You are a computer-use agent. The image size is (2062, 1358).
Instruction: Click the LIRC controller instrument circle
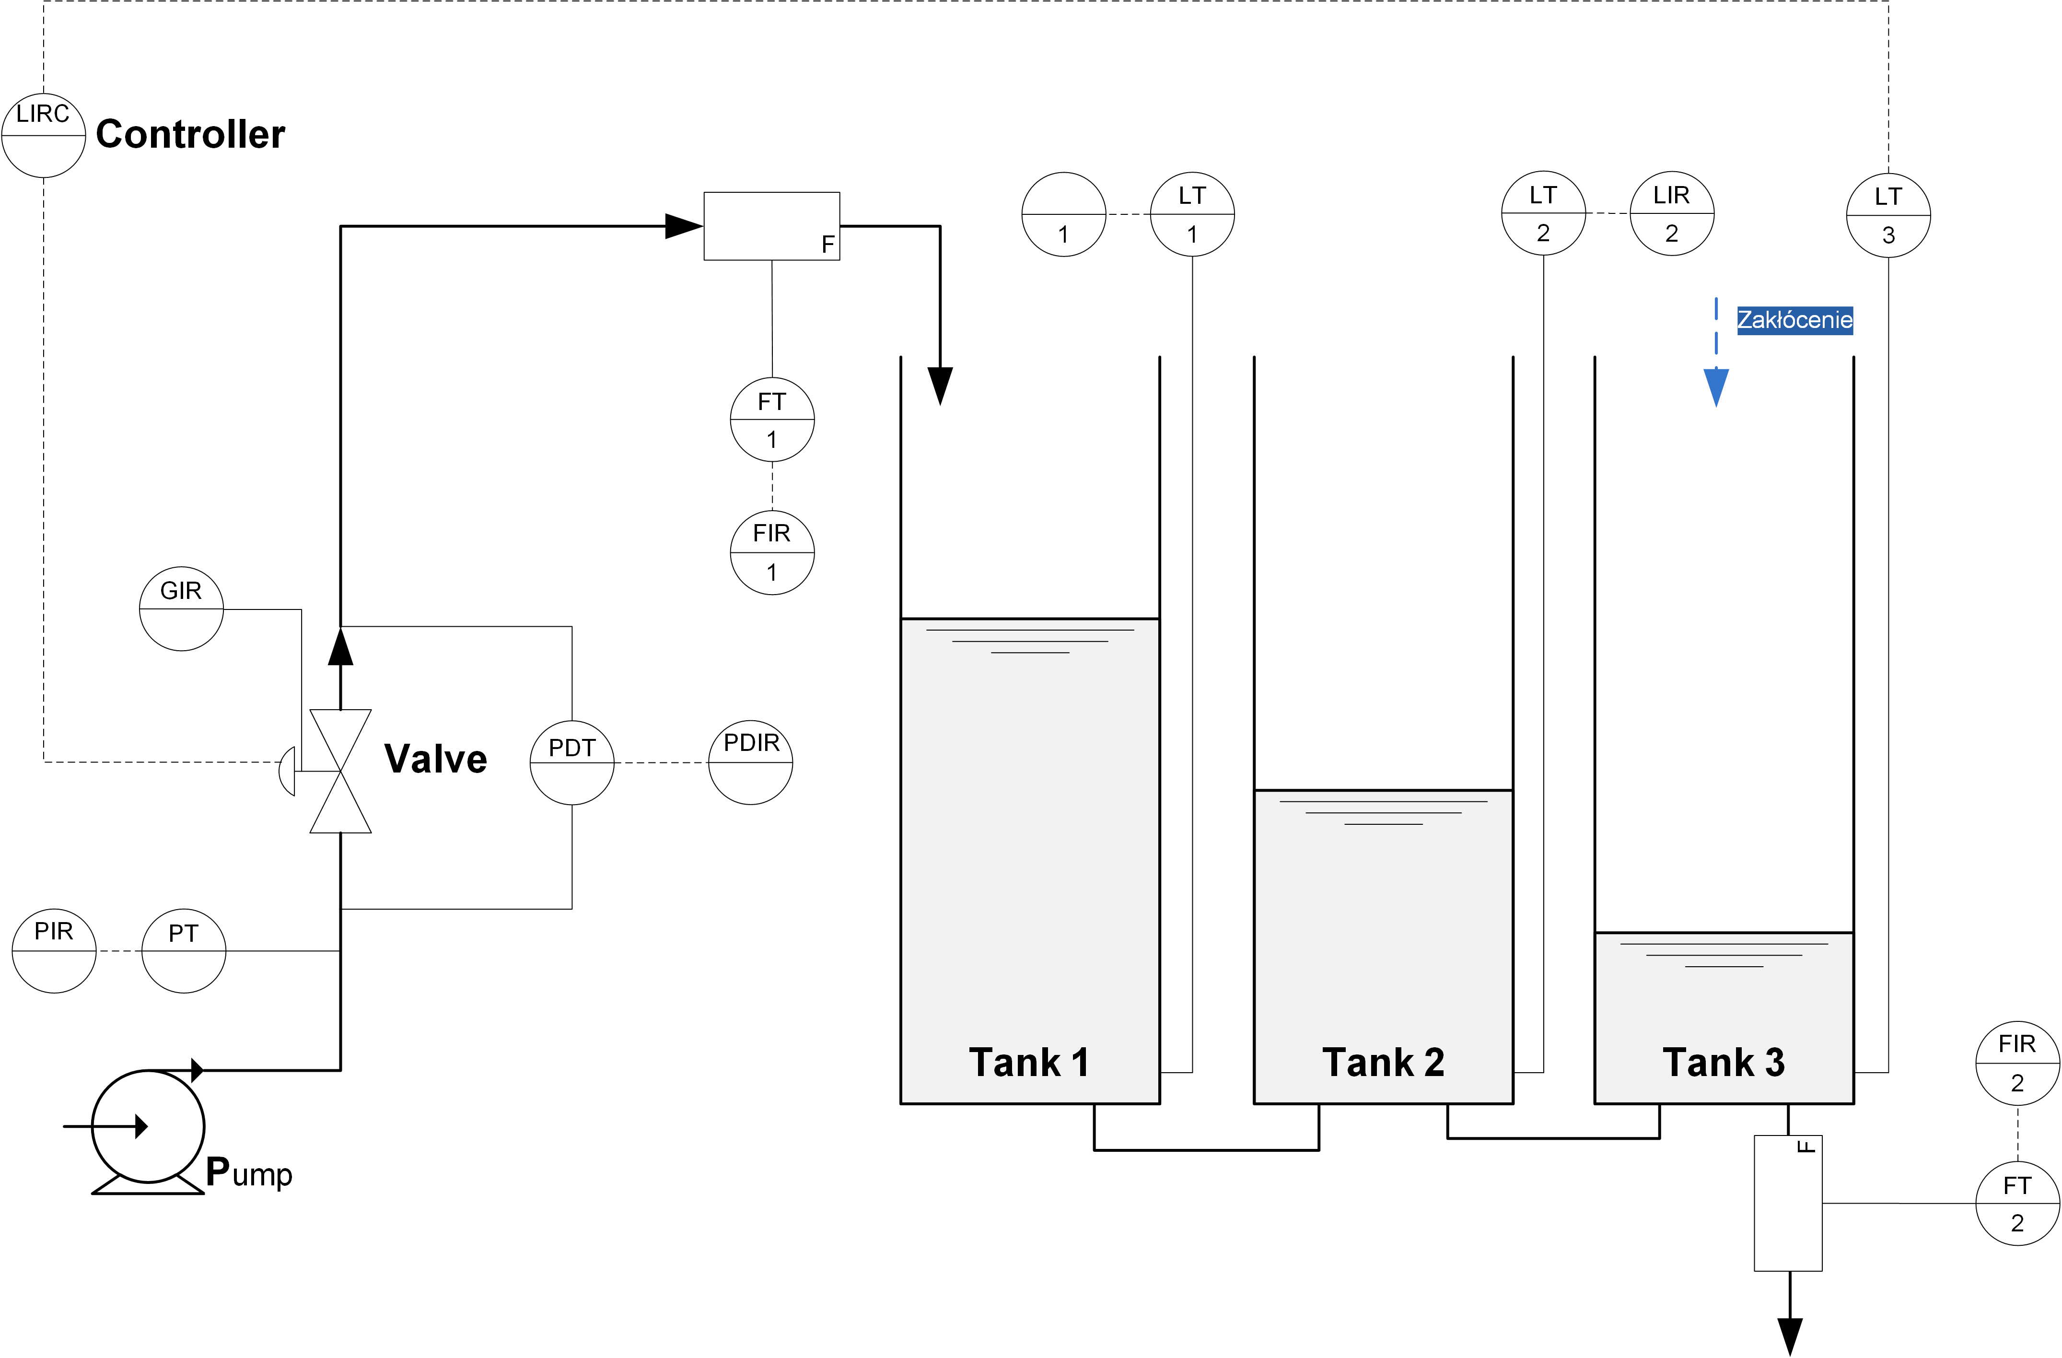(43, 135)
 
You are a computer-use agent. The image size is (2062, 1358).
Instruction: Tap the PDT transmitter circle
(572, 762)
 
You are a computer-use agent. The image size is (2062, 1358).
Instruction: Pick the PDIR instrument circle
(750, 762)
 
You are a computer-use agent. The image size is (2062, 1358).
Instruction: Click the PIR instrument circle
(54, 951)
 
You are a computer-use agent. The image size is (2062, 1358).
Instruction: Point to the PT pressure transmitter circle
(184, 951)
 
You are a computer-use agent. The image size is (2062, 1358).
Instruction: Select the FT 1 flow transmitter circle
(772, 420)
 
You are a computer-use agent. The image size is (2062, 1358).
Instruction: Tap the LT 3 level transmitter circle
(1889, 215)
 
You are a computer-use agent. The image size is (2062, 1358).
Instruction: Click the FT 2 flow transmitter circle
(2018, 1204)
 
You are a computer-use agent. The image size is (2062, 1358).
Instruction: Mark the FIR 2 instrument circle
(2018, 1063)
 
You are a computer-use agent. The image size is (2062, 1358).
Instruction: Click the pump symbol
(148, 1126)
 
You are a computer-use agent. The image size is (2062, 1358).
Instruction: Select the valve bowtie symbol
(340, 771)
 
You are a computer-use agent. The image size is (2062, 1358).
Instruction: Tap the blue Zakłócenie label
(1794, 320)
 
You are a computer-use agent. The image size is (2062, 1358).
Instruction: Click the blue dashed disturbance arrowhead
(1716, 386)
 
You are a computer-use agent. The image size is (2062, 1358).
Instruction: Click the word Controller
(191, 134)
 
